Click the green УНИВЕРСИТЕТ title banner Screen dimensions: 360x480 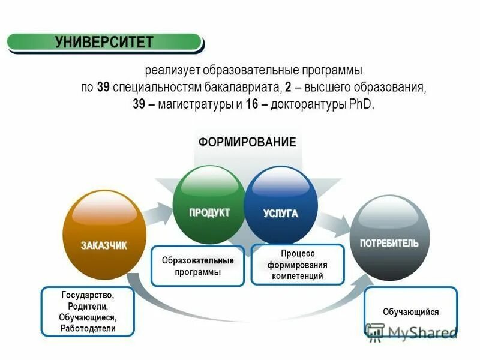click(105, 42)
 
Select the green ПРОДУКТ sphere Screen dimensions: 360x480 click(209, 204)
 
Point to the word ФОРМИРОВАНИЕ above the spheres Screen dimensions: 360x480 click(247, 142)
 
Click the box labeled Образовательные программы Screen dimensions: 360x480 click(197, 266)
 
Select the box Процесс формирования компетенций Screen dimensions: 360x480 click(298, 265)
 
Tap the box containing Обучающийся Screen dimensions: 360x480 click(411, 312)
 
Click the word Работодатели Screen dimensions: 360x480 click(88, 329)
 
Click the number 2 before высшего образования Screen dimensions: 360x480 click(289, 87)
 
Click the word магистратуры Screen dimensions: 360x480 click(196, 104)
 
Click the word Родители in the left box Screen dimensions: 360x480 click(88, 307)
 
